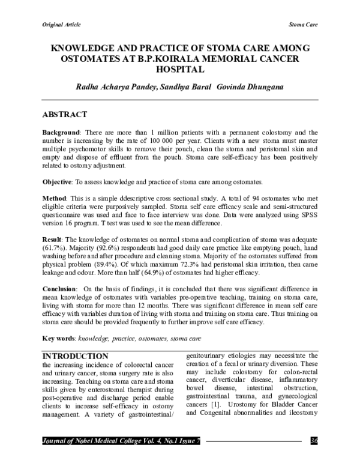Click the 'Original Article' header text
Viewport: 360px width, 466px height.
click(x=61, y=25)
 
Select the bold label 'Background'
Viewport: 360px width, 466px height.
click(x=61, y=132)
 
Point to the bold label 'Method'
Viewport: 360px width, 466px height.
click(x=54, y=198)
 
